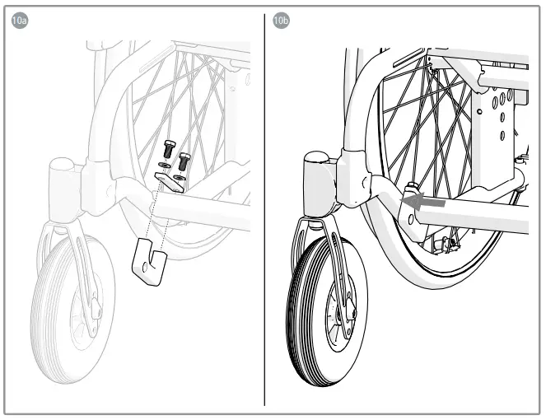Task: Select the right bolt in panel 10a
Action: [184, 161]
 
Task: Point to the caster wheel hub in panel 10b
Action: [334, 317]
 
